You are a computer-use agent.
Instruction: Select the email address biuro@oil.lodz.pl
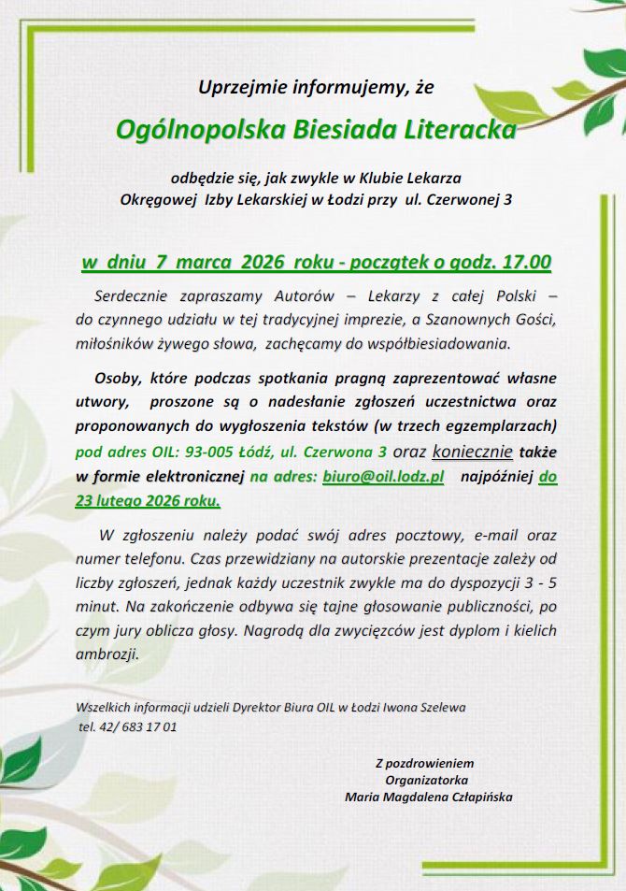click(383, 478)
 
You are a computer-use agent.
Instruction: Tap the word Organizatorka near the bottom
click(426, 780)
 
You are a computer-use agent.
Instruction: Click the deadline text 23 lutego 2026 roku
click(149, 501)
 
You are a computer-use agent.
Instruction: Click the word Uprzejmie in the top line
click(240, 89)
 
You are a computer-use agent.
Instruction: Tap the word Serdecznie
click(135, 296)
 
